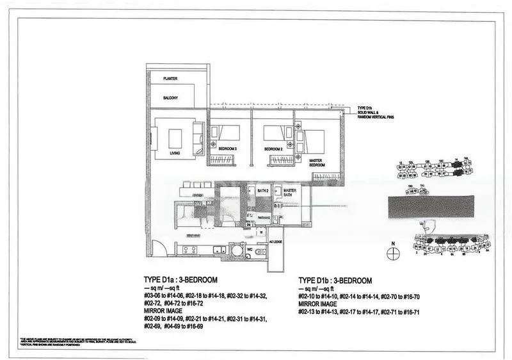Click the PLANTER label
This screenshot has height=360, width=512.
[x=170, y=79]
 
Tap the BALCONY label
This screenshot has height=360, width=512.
[x=170, y=97]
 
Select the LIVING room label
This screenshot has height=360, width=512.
[x=175, y=154]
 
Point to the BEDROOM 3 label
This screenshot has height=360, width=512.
[x=227, y=149]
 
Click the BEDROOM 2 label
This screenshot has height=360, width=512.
[x=274, y=149]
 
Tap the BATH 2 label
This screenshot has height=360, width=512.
[x=262, y=190]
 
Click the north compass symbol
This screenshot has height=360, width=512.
[x=394, y=254]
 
